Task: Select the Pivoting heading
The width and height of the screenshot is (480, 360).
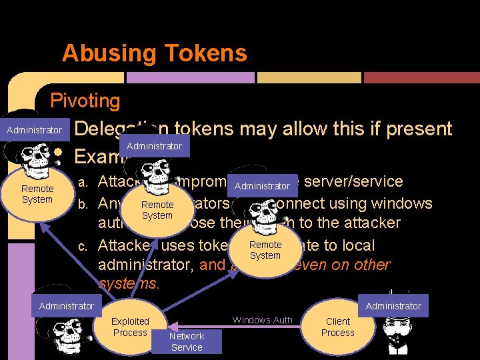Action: [x=85, y=101]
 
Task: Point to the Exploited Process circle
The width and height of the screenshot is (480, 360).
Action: [x=130, y=327]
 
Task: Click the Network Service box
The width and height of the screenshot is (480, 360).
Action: [x=187, y=341]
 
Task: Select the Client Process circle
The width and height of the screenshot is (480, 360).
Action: [x=338, y=327]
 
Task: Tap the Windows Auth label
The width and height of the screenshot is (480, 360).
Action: [x=262, y=320]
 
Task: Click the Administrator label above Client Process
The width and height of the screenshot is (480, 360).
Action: [x=393, y=306]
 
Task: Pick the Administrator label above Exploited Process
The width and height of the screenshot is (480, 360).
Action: [x=67, y=306]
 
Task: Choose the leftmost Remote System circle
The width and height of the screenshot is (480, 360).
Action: [x=37, y=194]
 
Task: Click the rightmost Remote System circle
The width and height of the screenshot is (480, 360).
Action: [x=265, y=250]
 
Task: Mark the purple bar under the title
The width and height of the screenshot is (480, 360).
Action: [x=191, y=77]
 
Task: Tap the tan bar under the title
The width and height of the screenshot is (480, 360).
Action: [x=308, y=77]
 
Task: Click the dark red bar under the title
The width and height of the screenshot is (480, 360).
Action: [x=421, y=77]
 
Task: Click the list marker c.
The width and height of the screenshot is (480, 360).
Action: [x=83, y=246]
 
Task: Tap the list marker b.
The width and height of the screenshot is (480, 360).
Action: [x=83, y=203]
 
